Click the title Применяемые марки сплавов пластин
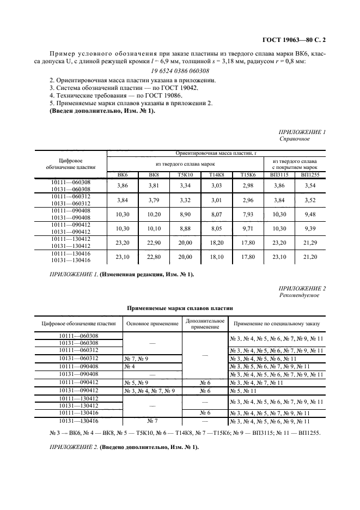180,308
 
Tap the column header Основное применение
152,324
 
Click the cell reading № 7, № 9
136,358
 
